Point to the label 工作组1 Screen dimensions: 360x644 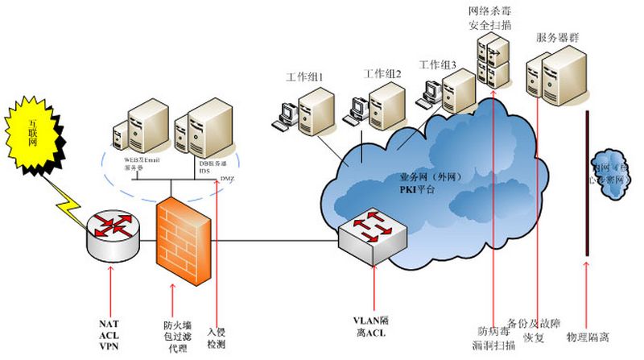(304, 78)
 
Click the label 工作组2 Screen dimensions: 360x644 (382, 73)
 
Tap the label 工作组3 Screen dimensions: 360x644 (438, 64)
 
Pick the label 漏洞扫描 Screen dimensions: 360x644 (493, 344)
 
